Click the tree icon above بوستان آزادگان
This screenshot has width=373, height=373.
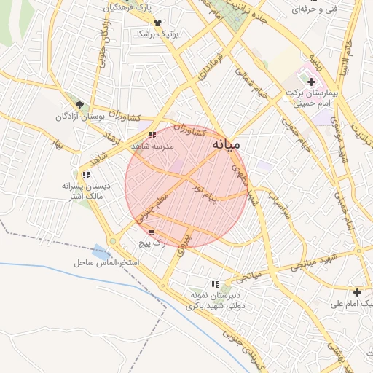pos(80,105)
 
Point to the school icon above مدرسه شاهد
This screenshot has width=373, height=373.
pos(152,135)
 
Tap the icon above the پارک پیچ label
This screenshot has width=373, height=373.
pos(152,232)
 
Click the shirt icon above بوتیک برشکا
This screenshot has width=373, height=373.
pos(157,23)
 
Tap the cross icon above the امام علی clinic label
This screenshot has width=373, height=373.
pos(357,291)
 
